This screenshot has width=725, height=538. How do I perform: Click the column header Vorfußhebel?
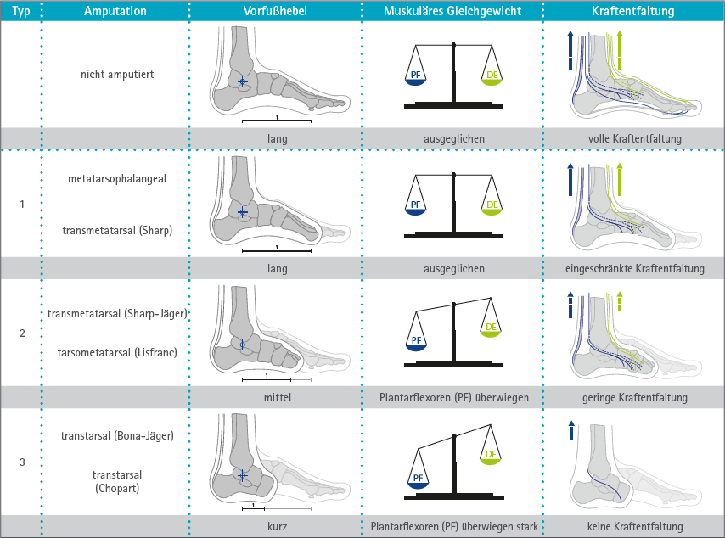click(x=275, y=11)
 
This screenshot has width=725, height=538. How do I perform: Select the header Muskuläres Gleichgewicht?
click(x=452, y=11)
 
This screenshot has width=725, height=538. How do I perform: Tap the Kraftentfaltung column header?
click(x=633, y=11)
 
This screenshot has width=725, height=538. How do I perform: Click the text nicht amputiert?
click(x=117, y=75)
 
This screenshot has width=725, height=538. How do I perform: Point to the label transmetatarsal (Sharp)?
click(x=117, y=230)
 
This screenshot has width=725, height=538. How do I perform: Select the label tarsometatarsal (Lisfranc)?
click(x=117, y=353)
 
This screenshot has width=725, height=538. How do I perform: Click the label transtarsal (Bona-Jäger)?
click(x=117, y=436)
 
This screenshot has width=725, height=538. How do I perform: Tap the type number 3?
click(x=22, y=462)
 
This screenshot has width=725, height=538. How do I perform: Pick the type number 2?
click(x=22, y=333)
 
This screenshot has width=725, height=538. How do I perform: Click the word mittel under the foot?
click(x=278, y=397)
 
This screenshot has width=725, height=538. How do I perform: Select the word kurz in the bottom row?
click(x=278, y=526)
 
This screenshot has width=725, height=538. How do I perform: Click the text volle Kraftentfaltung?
click(x=635, y=138)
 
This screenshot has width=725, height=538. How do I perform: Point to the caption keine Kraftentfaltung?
click(x=635, y=526)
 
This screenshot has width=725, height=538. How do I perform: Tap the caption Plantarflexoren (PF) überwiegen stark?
click(x=454, y=526)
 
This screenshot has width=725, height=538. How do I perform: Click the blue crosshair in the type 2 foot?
click(x=242, y=345)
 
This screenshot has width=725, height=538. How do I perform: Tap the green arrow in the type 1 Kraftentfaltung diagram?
click(x=620, y=179)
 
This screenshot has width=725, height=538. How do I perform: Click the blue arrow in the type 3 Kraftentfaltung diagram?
click(x=571, y=430)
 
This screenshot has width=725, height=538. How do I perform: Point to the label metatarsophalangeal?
click(x=117, y=179)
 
